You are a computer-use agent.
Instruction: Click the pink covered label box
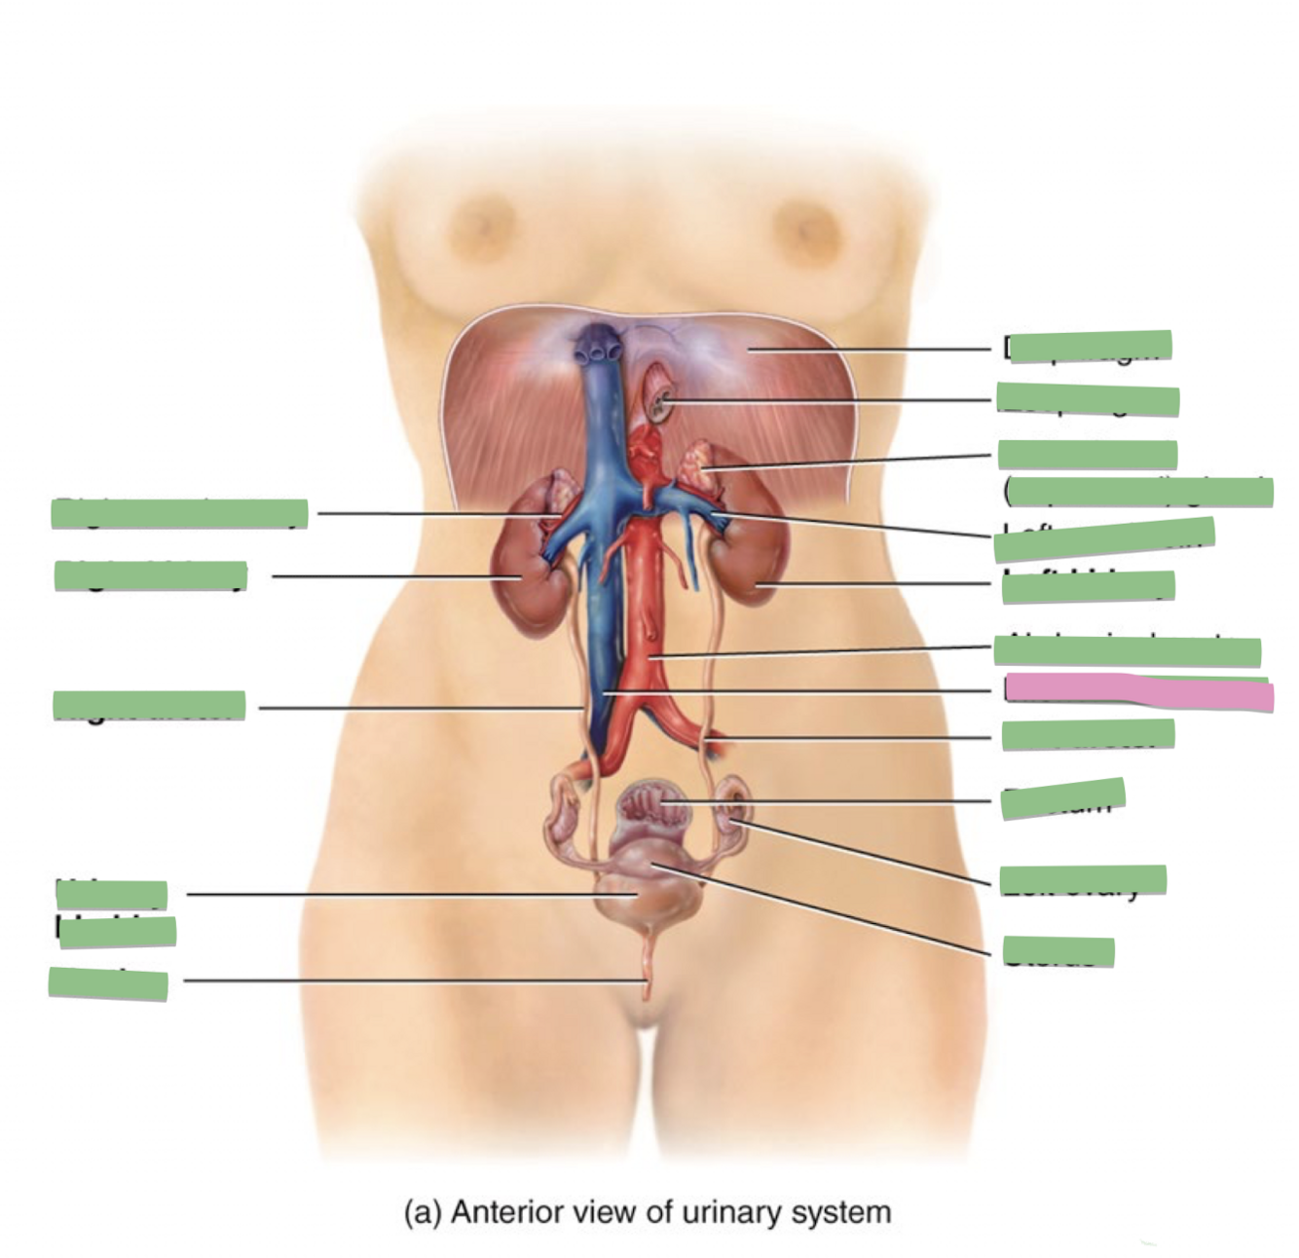point(1139,692)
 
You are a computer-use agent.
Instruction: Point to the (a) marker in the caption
point(423,1213)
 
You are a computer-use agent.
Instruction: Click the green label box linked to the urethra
point(108,984)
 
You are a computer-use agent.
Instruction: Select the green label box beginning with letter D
point(1091,346)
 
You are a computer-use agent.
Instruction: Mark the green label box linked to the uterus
point(1058,951)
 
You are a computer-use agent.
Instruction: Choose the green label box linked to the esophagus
point(1088,399)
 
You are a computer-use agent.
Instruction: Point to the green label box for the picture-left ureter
point(149,705)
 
